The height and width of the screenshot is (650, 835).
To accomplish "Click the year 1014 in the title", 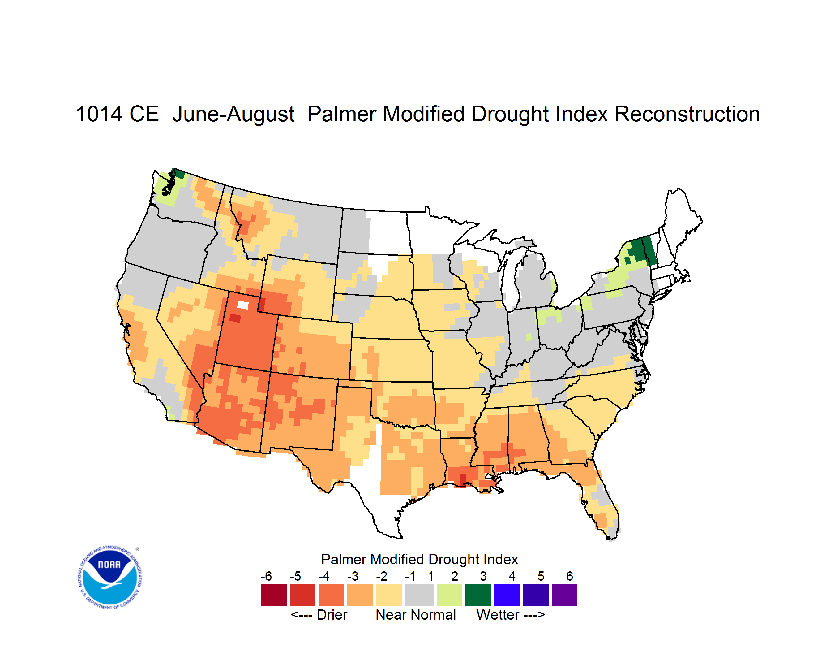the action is [99, 114].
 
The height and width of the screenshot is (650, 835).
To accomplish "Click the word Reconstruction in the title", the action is [687, 114].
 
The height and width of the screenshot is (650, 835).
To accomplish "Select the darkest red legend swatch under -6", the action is [274, 595].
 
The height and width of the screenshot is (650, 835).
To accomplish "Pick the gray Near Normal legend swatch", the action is [419, 595].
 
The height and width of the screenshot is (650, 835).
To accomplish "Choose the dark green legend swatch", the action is [478, 595].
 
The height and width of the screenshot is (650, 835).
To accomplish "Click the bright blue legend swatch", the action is [507, 595].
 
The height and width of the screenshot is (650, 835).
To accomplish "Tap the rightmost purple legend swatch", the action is [564, 595].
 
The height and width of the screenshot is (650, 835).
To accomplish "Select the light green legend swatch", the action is [449, 595].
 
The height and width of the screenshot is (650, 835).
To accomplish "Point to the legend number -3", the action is [353, 576].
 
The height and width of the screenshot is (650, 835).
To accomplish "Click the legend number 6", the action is [570, 576].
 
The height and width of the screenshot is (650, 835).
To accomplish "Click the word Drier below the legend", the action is [332, 615].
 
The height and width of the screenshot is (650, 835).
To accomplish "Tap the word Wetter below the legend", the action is [498, 615].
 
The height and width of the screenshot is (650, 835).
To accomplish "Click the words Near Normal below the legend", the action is [416, 615].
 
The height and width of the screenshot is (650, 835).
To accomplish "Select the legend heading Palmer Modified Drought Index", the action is [419, 559].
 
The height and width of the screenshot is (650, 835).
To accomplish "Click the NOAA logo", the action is [110, 578].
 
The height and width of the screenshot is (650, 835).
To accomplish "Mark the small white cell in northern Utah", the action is [243, 305].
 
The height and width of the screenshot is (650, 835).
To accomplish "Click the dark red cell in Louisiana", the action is [463, 480].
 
